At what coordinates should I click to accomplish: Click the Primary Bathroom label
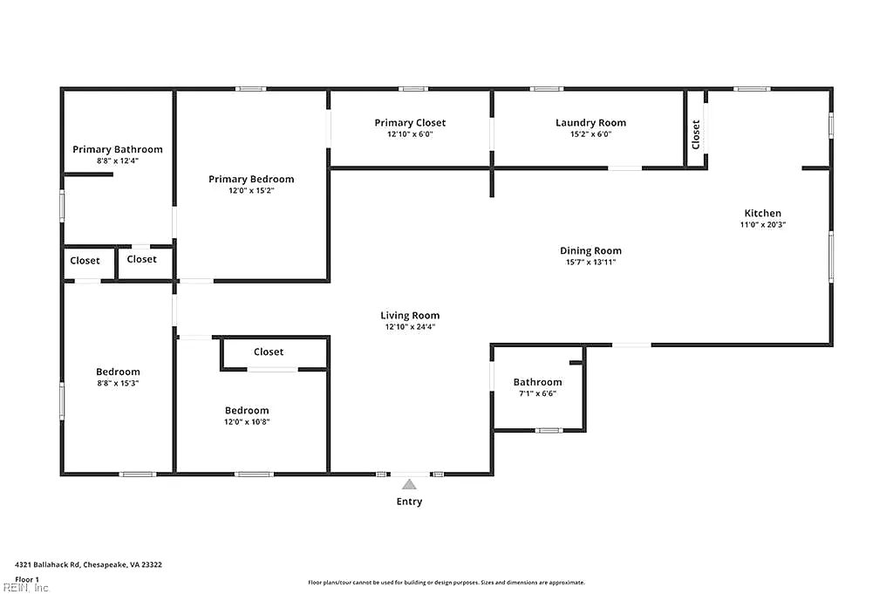point(118,149)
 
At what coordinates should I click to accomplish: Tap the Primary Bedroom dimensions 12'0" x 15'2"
point(251,191)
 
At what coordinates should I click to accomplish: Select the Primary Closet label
point(410,123)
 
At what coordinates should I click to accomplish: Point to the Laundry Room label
point(590,123)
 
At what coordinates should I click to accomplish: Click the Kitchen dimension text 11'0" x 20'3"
point(762,225)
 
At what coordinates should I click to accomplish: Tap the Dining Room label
point(590,251)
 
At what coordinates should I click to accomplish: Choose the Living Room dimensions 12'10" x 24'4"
point(410,327)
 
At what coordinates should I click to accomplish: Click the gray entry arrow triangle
point(409,485)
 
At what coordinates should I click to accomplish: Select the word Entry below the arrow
point(410,502)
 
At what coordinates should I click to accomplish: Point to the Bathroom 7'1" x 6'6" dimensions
point(537,393)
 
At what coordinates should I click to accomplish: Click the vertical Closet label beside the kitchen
point(695,134)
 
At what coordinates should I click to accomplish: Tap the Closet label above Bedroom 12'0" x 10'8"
point(269,352)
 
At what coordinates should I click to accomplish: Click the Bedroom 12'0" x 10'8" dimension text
point(247,422)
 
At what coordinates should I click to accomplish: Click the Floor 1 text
point(27,580)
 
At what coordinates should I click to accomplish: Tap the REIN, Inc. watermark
point(26,588)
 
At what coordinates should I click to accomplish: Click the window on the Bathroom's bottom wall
point(549,431)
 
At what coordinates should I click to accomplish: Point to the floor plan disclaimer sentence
point(446,583)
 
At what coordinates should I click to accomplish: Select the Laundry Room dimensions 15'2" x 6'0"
point(590,134)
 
